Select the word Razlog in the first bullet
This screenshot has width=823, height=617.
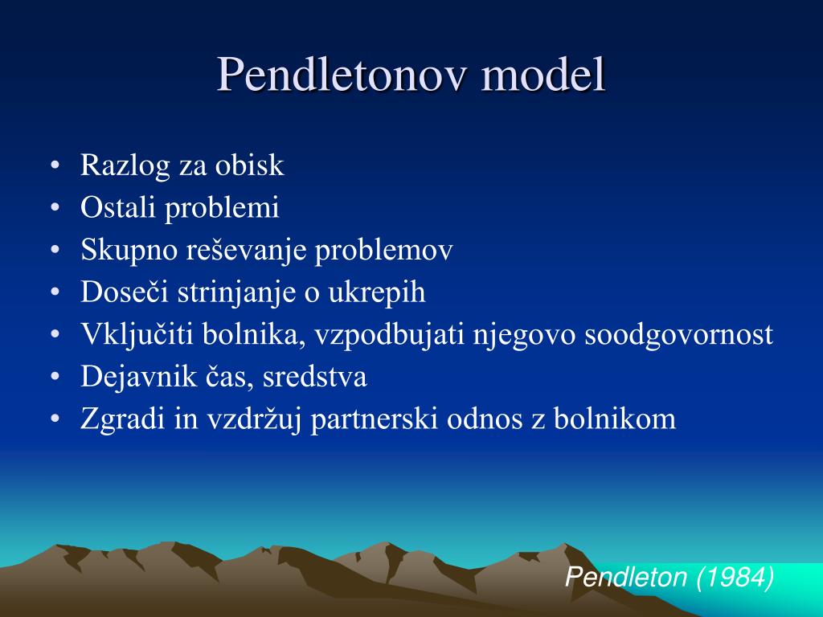pos(125,166)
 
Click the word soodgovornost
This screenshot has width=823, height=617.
pos(678,335)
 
